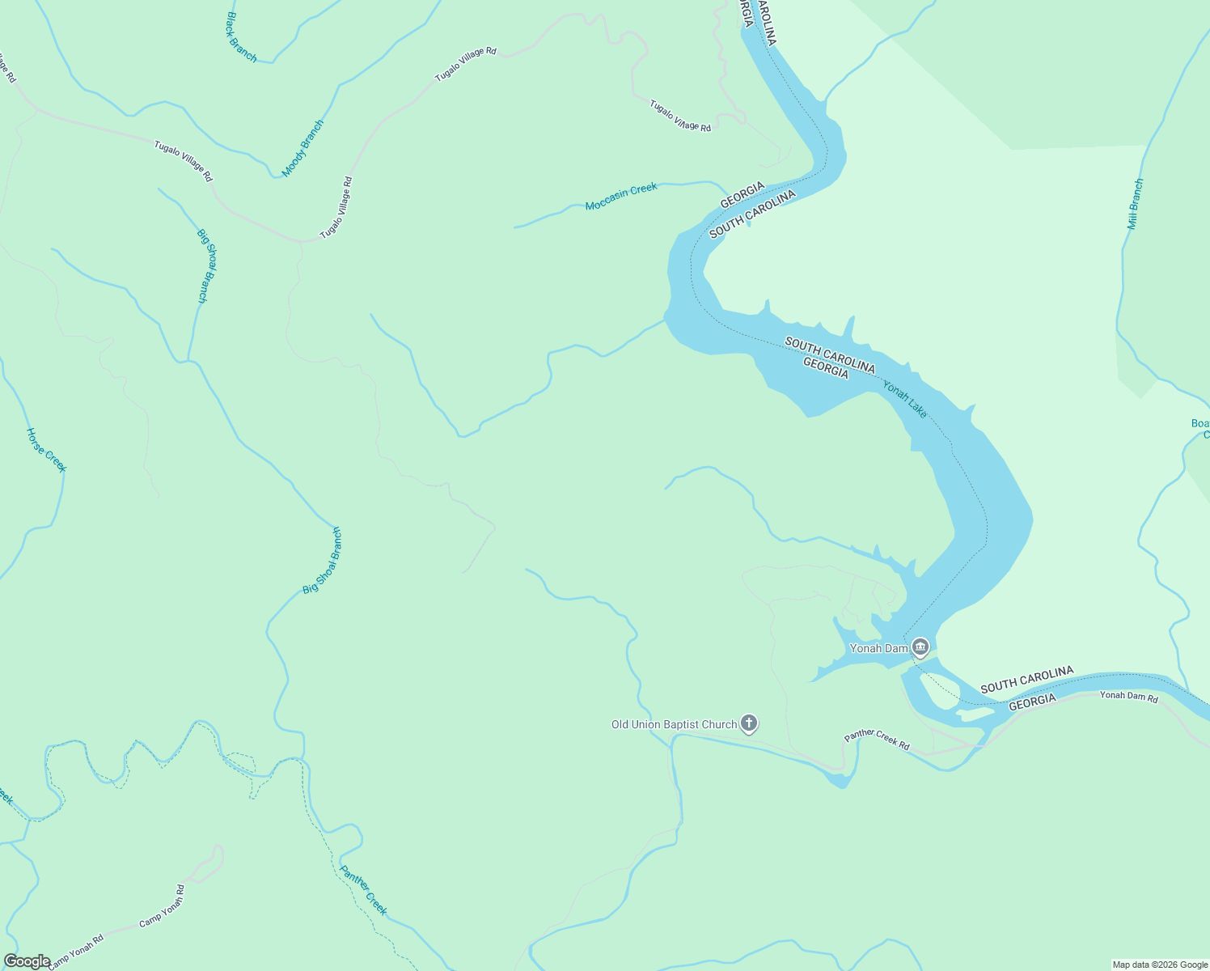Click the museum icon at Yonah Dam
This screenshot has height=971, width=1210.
[920, 647]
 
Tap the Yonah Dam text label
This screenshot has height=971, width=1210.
[878, 648]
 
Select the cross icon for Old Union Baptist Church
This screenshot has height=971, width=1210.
[749, 723]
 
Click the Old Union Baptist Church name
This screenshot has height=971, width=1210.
[675, 724]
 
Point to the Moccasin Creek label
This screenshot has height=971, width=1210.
[621, 197]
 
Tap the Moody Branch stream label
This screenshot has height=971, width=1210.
[302, 148]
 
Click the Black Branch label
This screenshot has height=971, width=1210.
[241, 37]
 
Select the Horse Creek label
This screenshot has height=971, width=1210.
[47, 450]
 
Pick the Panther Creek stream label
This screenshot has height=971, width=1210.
[363, 890]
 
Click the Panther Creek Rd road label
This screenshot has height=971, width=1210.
[877, 740]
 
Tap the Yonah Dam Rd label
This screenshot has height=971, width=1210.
[1128, 696]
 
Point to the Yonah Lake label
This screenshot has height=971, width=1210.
[904, 399]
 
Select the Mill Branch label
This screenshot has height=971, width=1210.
[1136, 204]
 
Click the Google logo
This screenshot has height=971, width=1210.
[27, 961]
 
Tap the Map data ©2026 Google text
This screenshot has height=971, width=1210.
[1160, 965]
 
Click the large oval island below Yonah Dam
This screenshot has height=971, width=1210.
[938, 690]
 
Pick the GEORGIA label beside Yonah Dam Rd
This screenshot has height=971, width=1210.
[1032, 702]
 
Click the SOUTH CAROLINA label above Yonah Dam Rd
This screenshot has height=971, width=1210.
[1026, 680]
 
